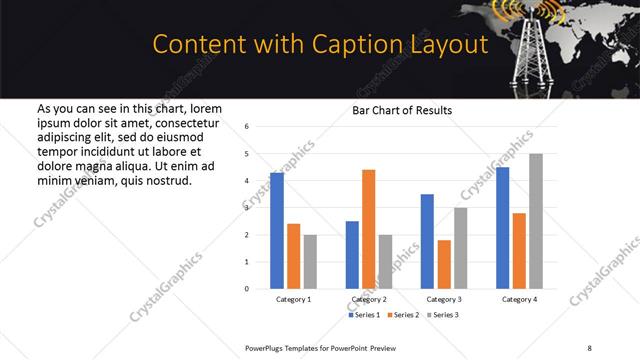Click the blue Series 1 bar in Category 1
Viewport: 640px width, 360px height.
277,231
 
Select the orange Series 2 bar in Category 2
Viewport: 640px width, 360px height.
368,229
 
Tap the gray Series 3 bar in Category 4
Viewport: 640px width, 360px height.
536,221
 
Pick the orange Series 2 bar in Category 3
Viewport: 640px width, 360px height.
444,264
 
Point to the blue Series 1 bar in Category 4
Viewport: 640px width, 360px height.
502,228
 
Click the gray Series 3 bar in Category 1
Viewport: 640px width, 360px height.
310,262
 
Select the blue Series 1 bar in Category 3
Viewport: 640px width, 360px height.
427,241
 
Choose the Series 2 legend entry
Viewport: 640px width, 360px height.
403,315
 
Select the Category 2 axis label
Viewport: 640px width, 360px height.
369,299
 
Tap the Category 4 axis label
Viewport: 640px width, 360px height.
519,299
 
